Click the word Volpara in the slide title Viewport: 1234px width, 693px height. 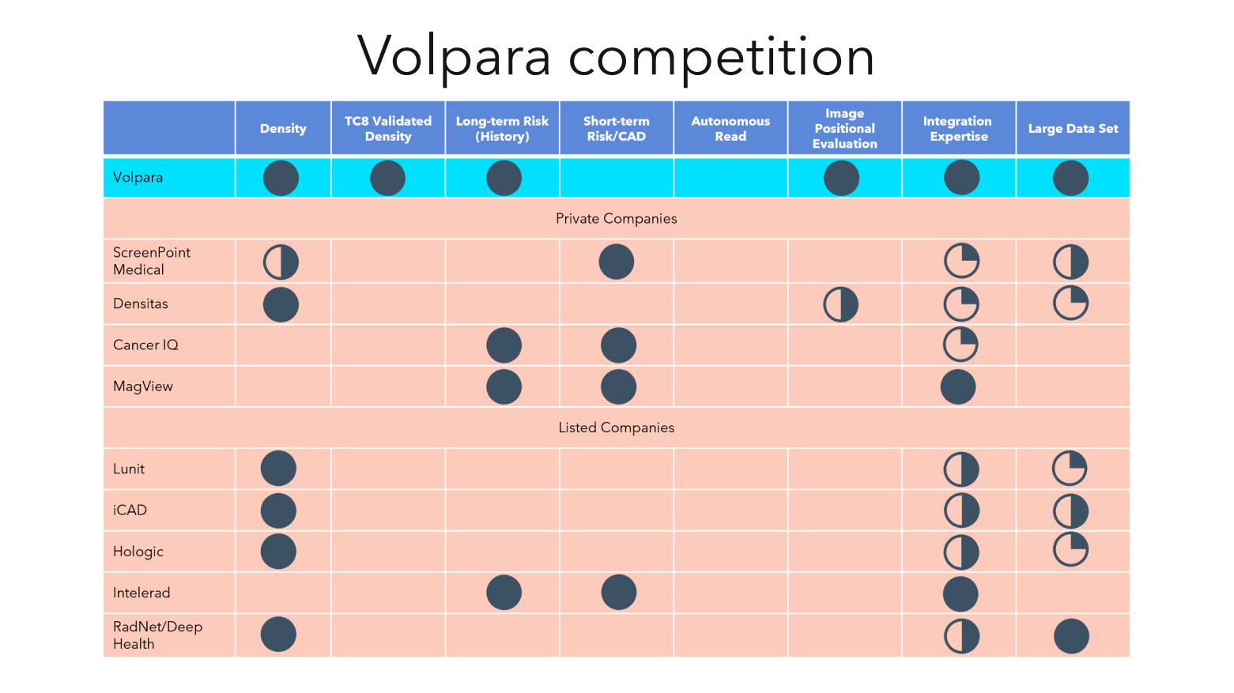tap(454, 56)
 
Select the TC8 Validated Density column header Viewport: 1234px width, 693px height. tap(388, 128)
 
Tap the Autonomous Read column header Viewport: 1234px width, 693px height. tap(730, 128)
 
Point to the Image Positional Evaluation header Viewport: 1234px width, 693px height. tap(844, 128)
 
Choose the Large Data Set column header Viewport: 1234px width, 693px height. tap(1073, 128)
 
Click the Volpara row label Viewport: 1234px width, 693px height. tap(138, 177)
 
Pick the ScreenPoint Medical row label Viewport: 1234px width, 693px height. tap(152, 261)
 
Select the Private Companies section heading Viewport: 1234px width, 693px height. tap(616, 219)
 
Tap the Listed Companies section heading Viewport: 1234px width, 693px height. tap(616, 427)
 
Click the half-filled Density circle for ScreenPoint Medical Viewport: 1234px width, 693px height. tap(281, 262)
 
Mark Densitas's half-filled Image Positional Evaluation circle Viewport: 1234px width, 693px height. tap(840, 304)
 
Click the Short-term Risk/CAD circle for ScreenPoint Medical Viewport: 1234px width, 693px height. tap(617, 262)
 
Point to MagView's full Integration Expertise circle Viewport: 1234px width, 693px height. tap(958, 386)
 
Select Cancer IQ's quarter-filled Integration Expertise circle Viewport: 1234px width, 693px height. tap(960, 345)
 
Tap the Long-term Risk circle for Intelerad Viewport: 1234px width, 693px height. tap(504, 592)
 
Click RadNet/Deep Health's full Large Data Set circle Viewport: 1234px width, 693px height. tap(1071, 635)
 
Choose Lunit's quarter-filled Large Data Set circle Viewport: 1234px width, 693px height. tap(1070, 469)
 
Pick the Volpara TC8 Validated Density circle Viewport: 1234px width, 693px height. tap(388, 178)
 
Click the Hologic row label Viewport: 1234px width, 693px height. tap(138, 552)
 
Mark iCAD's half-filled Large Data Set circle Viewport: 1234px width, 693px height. tap(1071, 510)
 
